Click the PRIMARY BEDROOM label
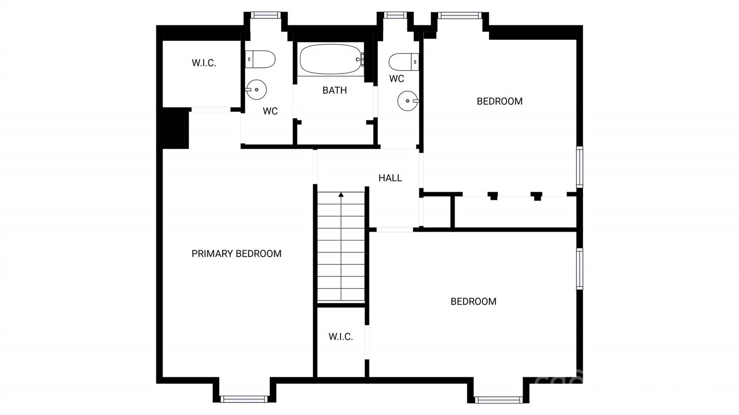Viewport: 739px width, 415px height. [236, 253]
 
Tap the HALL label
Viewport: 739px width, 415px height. [390, 178]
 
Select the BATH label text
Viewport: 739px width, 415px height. [334, 90]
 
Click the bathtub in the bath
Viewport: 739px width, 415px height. [331, 60]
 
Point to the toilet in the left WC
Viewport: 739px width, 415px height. [260, 60]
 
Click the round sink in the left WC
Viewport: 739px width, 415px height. [256, 90]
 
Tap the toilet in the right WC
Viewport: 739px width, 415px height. [404, 62]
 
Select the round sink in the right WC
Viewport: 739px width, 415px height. [408, 101]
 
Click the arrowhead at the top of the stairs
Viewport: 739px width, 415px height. [341, 195]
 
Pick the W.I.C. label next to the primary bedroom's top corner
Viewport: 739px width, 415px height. [204, 63]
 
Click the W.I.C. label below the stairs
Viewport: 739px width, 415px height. [340, 337]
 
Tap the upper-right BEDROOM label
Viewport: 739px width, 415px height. [499, 101]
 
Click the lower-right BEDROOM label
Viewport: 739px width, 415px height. [473, 301]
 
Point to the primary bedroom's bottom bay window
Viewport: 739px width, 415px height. [244, 399]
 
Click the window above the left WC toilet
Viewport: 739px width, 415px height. [266, 15]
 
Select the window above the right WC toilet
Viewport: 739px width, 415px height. [395, 15]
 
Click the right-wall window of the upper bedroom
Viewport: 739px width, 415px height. [580, 167]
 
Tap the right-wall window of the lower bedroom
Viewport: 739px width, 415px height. [580, 269]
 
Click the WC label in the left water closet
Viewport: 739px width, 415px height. [270, 111]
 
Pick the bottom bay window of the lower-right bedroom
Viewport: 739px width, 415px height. [498, 400]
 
